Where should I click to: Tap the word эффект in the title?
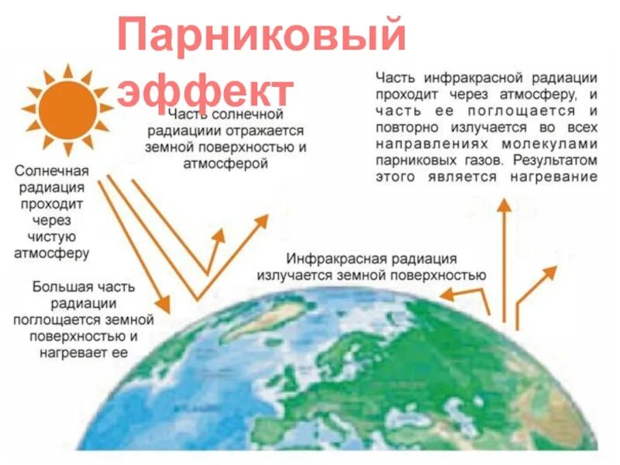(x=205, y=91)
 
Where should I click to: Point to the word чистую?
(x=51, y=236)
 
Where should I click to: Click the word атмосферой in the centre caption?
(x=226, y=164)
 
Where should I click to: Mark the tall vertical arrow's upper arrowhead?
(x=504, y=205)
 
